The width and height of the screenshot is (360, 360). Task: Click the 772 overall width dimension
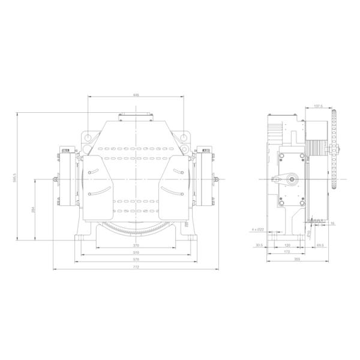tap(136, 267)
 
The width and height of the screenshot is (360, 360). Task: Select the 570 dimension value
tap(136, 260)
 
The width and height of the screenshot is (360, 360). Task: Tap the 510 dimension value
tap(136, 253)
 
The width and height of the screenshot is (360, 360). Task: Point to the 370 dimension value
tap(136, 245)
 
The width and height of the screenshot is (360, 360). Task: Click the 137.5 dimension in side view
tap(318, 107)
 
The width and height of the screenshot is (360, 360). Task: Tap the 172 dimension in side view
tap(286, 253)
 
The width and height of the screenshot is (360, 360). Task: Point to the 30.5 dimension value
tap(259, 245)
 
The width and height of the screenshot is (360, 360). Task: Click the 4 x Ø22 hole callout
tap(257, 230)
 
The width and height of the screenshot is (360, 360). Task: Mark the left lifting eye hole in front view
tap(88, 137)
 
